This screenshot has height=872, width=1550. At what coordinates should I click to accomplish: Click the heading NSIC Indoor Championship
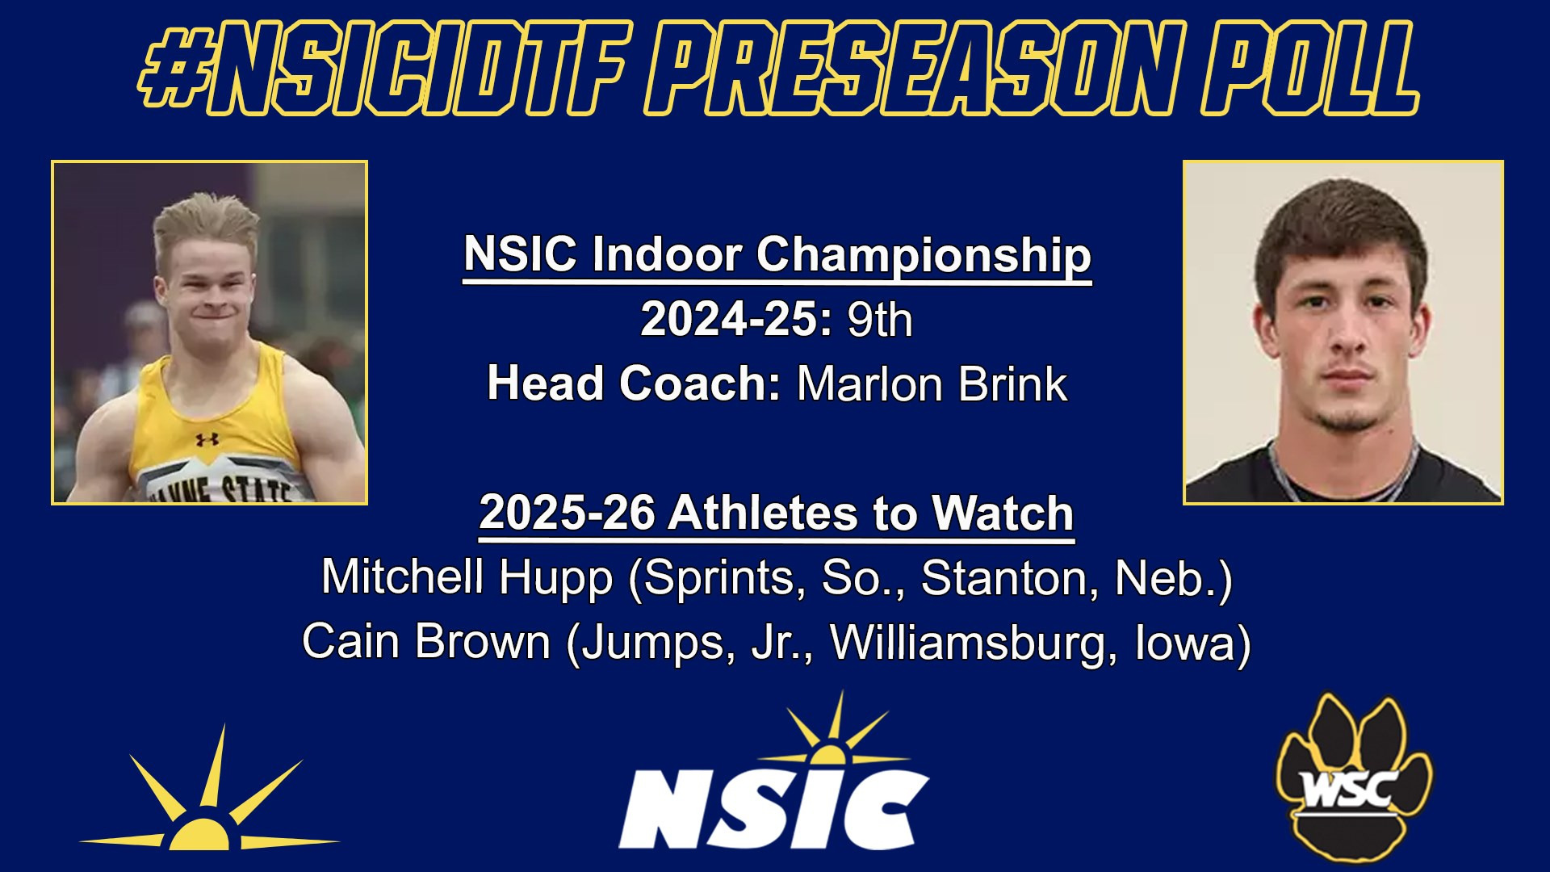(777, 255)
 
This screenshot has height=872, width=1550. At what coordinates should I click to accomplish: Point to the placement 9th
(879, 321)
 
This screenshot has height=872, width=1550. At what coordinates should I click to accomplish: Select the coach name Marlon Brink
(932, 384)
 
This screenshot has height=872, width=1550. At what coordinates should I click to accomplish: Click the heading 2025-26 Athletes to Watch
(776, 514)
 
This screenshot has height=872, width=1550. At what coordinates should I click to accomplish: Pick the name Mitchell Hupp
(467, 578)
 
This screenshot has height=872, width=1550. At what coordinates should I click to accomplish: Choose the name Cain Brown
(426, 643)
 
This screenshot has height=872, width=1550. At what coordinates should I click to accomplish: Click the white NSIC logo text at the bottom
(773, 807)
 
